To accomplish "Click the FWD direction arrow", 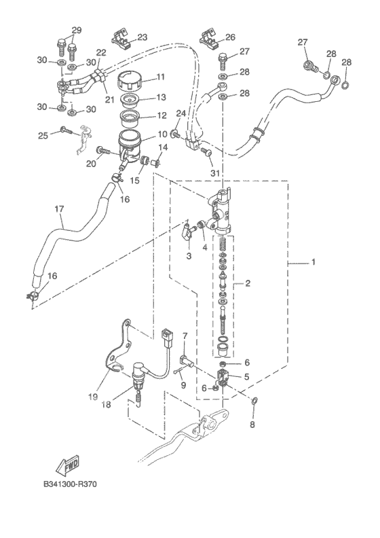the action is (x=67, y=466).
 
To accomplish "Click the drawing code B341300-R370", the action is (x=71, y=484).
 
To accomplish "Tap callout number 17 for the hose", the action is (x=59, y=209).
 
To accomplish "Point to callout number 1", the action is (x=313, y=262).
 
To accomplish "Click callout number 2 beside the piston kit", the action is (x=248, y=283).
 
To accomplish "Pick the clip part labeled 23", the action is (x=121, y=38).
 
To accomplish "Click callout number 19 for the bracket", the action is (x=92, y=397).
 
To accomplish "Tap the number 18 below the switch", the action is (x=107, y=405).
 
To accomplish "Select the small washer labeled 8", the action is (x=254, y=400).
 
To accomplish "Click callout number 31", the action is (x=215, y=174).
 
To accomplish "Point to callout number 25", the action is (x=43, y=136).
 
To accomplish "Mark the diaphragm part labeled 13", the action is (x=129, y=98).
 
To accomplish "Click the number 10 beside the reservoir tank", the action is (x=162, y=134).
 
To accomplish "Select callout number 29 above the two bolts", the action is (x=77, y=30).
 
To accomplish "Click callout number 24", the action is (x=181, y=113).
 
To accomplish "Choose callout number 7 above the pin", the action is (x=185, y=336).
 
